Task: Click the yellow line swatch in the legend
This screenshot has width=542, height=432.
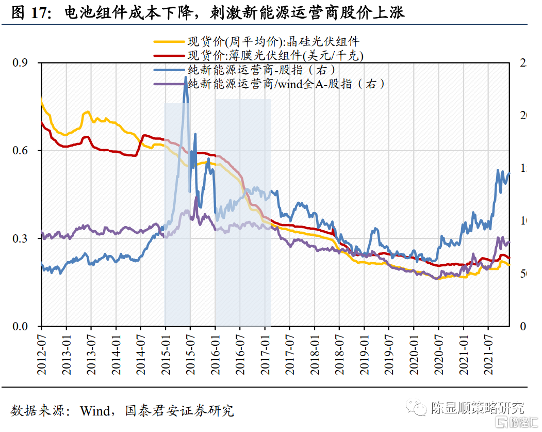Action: (170, 42)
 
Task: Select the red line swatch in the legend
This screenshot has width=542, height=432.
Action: (170, 55)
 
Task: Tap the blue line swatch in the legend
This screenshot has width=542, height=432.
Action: (170, 69)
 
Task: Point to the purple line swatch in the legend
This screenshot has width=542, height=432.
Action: (170, 83)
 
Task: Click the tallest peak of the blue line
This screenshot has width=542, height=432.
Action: (186, 77)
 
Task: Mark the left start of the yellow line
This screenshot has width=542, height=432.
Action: (41, 98)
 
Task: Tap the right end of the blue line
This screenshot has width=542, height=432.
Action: (509, 174)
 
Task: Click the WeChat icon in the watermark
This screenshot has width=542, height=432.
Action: (416, 408)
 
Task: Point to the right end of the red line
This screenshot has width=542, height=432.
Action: (510, 259)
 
